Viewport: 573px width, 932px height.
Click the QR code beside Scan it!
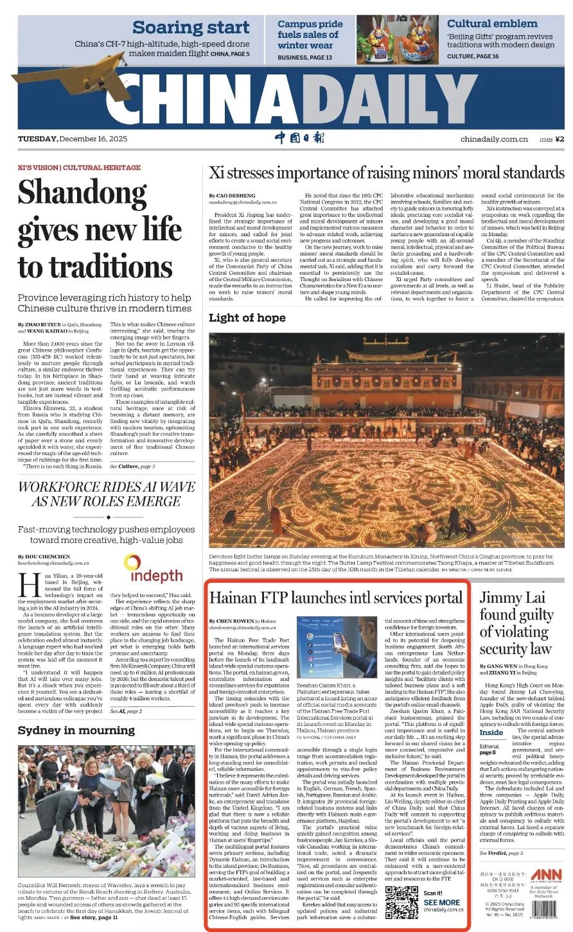coord(401,901)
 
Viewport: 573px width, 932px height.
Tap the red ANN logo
coord(546,875)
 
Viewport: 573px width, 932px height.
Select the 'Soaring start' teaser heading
coord(191,28)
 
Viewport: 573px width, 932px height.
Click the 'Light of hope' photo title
coord(247,318)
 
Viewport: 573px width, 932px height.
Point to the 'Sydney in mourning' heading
coord(76,730)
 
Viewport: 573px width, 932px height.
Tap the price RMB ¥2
coord(552,139)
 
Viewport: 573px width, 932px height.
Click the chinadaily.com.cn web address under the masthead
coord(494,139)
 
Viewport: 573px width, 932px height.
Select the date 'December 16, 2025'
coord(94,139)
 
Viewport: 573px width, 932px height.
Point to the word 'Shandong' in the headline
coord(83,193)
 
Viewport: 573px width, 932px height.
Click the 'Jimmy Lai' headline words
coord(511,598)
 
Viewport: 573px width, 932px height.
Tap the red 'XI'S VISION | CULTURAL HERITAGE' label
coord(79,168)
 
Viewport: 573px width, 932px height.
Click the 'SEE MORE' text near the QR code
coord(441,902)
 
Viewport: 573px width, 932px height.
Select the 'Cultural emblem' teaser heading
coord(492,24)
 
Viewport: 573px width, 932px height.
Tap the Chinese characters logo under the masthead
coord(299,138)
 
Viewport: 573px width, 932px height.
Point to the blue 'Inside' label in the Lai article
coord(491,732)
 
